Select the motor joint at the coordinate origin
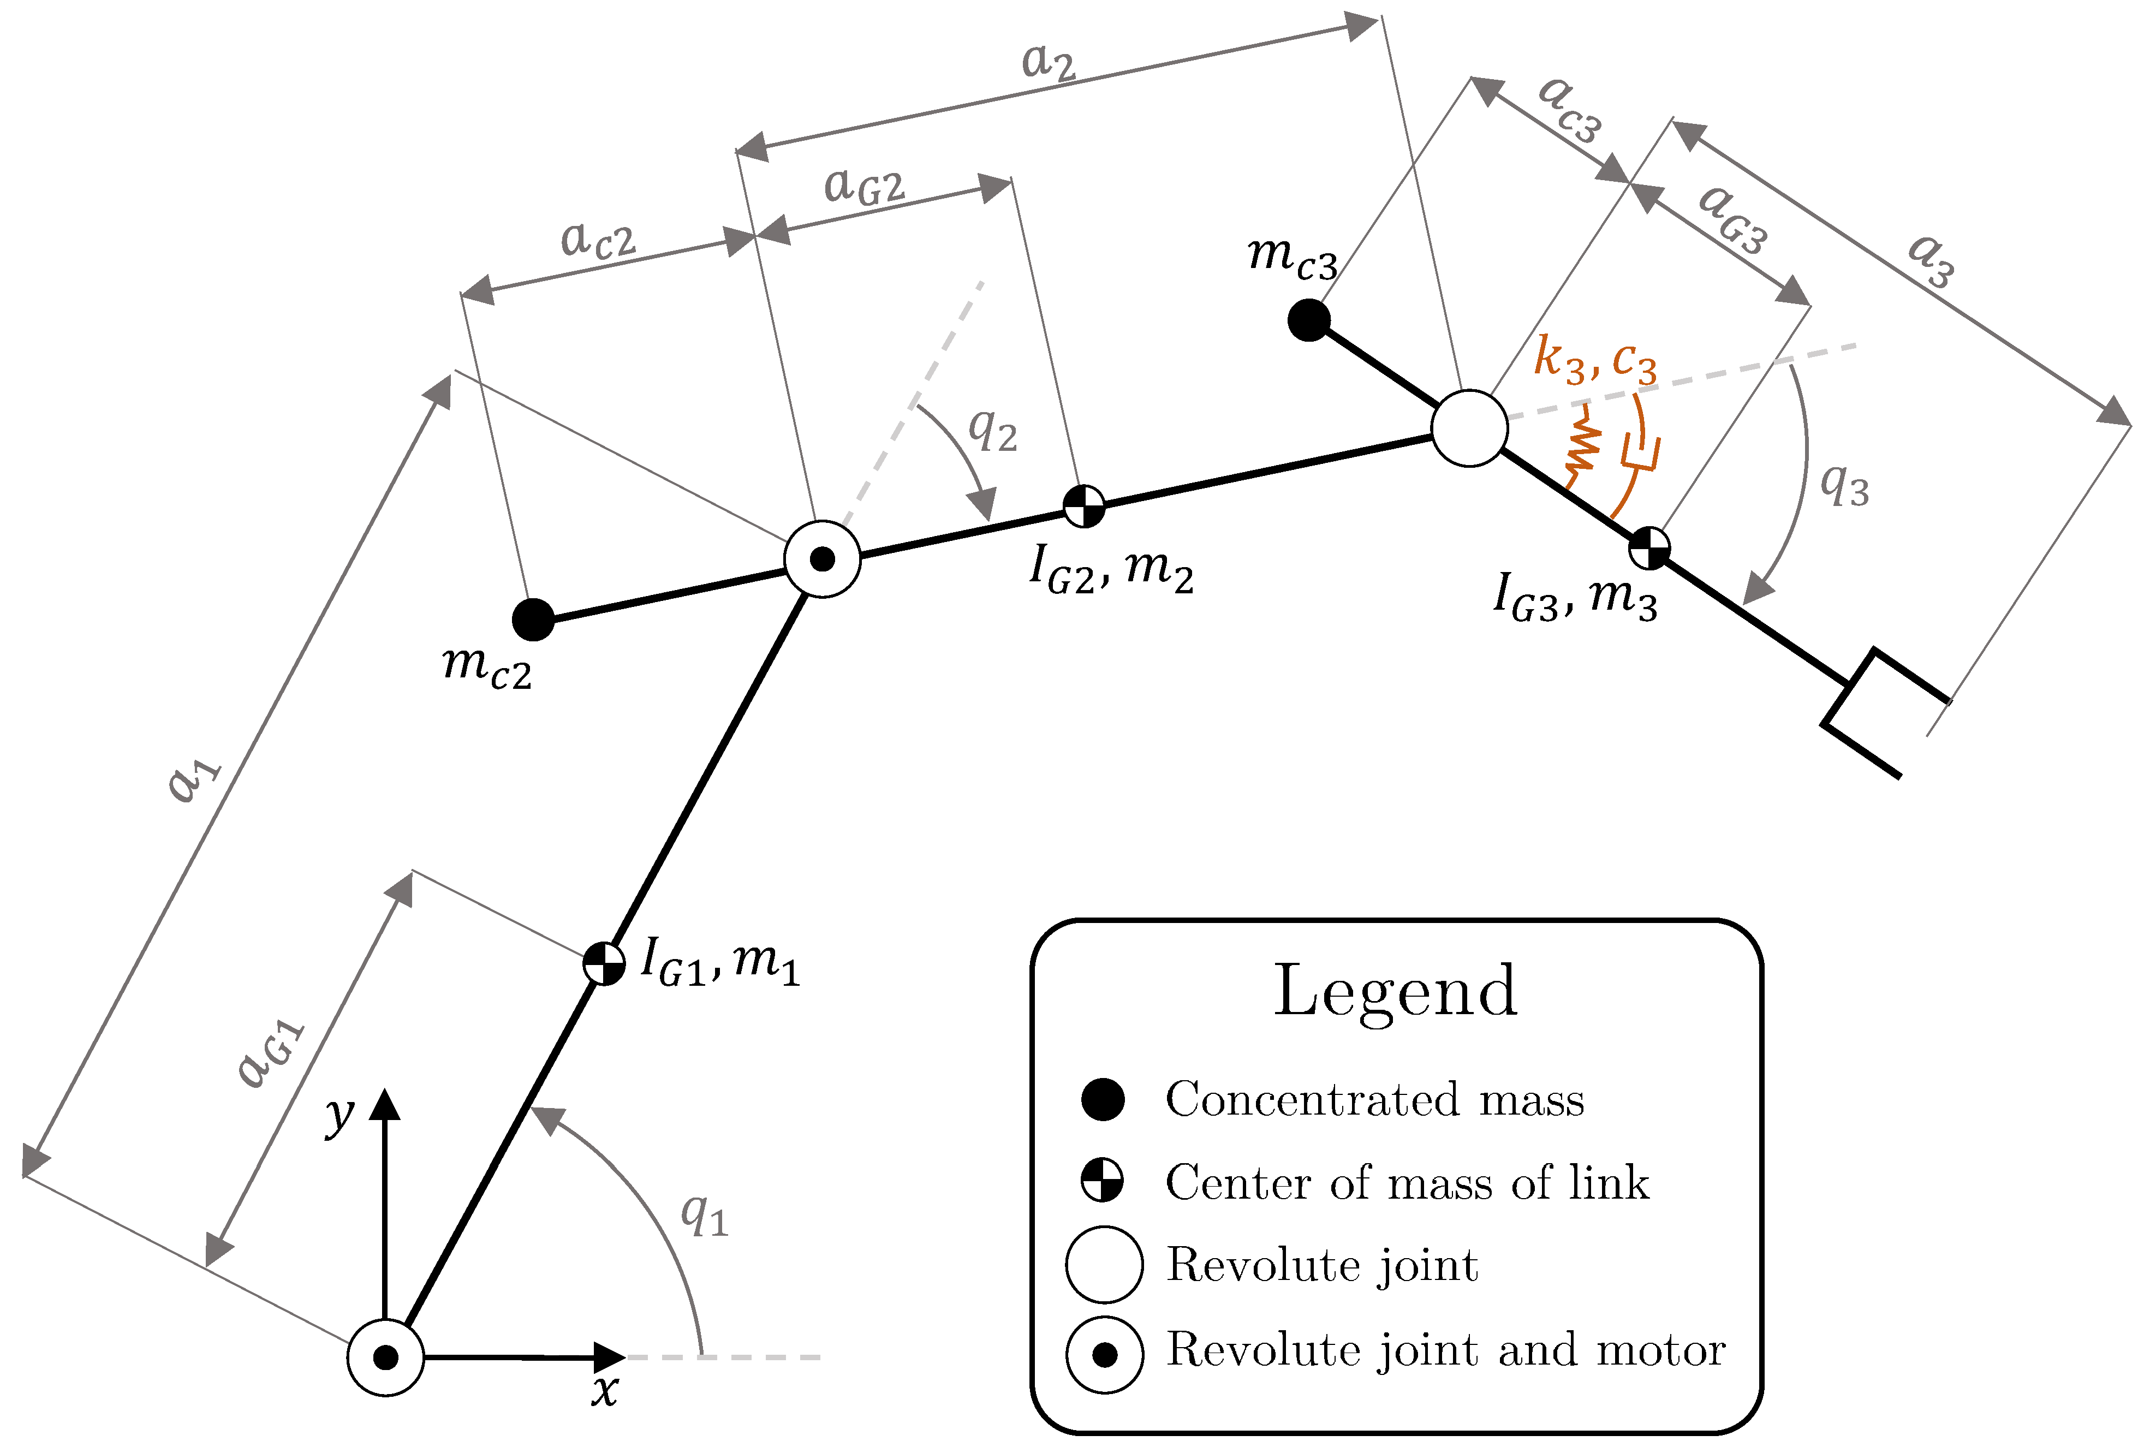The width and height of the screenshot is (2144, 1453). [x=385, y=1357]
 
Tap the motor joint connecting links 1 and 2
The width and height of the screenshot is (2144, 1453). [x=822, y=559]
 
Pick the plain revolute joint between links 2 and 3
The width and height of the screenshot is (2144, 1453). [x=1469, y=428]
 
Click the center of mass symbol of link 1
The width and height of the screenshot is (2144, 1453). [x=604, y=964]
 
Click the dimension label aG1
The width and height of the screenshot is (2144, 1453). [x=270, y=1055]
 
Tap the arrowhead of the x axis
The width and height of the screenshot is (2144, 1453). [x=609, y=1357]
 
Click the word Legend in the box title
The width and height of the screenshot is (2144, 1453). [x=1395, y=992]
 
